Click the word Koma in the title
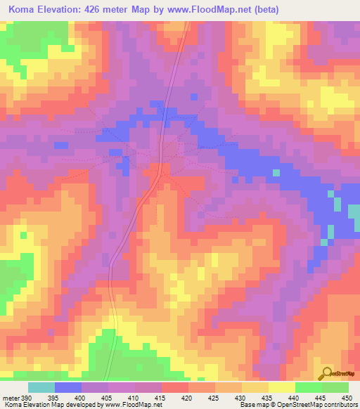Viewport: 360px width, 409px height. click(x=22, y=10)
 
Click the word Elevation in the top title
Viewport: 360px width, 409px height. click(x=67, y=10)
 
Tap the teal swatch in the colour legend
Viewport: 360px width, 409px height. click(x=41, y=387)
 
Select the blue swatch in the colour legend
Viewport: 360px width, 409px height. click(x=68, y=387)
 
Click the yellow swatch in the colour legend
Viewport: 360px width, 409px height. click(x=281, y=387)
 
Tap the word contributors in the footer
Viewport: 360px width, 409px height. click(x=341, y=405)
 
